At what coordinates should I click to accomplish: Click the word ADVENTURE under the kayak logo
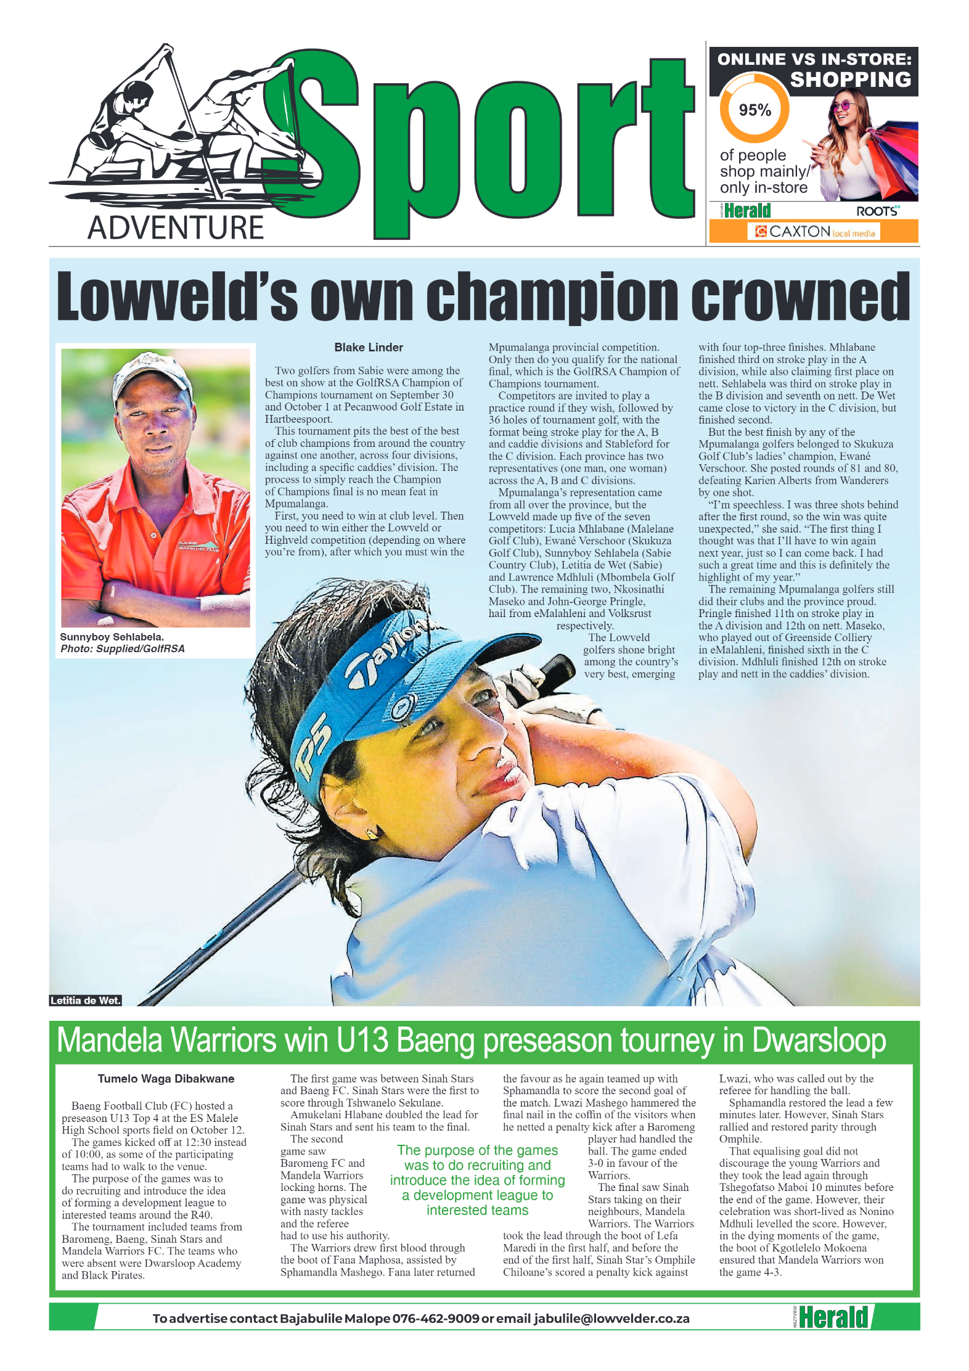[x=176, y=227]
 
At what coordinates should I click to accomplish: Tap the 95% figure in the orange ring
[x=754, y=110]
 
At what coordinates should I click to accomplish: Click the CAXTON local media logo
[x=814, y=232]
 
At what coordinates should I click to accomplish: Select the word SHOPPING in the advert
[x=850, y=80]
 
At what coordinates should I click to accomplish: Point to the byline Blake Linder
[x=368, y=347]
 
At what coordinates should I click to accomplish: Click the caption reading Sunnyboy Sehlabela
[x=112, y=637]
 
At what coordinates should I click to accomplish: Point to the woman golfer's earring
[x=371, y=833]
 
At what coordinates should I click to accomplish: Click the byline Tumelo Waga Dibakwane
[x=166, y=1078]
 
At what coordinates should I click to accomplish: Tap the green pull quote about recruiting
[x=477, y=1180]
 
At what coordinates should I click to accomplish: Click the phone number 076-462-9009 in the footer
[x=435, y=1318]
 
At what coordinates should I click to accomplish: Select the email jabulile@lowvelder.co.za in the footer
[x=611, y=1318]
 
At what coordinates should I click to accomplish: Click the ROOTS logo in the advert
[x=877, y=211]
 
